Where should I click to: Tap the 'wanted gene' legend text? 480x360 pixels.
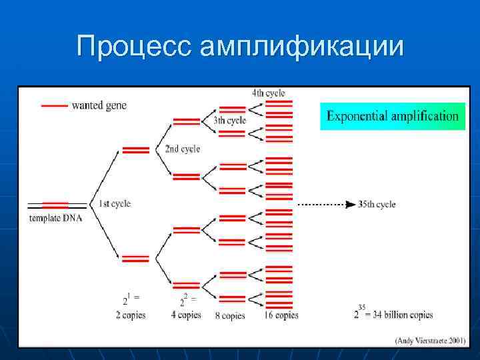tap(99, 105)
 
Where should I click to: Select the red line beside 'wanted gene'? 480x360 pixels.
tap(54, 105)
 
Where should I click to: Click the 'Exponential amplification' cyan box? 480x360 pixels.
tap(393, 116)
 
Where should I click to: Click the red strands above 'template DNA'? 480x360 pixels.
tap(55, 205)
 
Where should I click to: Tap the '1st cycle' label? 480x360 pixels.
tap(114, 204)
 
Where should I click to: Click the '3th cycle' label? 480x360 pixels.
tap(229, 121)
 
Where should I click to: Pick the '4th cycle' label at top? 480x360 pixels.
tap(268, 93)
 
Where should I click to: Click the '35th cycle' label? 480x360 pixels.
tap(376, 204)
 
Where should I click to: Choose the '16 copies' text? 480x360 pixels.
tap(281, 315)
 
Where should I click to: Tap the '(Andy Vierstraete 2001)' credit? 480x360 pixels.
tap(429, 340)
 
